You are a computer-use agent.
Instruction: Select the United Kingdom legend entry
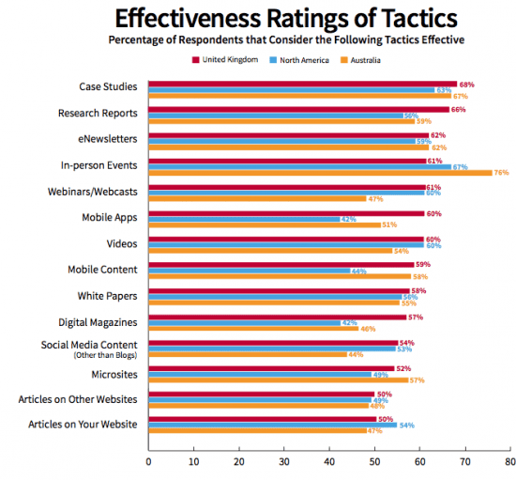[224, 59]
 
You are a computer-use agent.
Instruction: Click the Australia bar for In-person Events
[320, 173]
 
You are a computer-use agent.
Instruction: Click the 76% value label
[501, 173]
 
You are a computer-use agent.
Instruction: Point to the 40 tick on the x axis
[329, 462]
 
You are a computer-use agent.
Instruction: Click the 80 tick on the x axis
[509, 462]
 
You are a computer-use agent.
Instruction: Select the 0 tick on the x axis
[149, 462]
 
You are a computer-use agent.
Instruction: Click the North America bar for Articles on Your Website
[271, 426]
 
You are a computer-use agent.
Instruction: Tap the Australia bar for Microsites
[278, 379]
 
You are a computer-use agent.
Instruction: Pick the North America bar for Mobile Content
[248, 271]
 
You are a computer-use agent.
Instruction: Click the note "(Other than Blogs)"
[106, 356]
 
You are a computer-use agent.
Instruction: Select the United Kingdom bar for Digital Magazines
[278, 317]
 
